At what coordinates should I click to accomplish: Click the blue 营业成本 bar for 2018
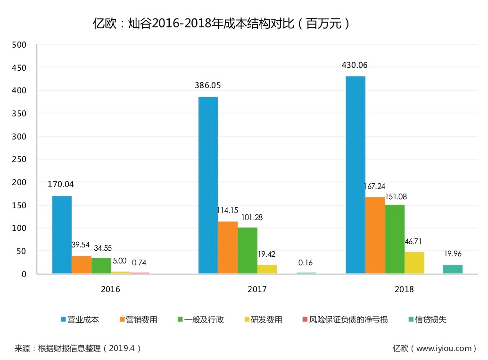pos(356,174)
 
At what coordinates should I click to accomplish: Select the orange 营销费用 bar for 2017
pos(228,247)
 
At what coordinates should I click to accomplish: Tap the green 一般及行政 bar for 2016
pos(101,265)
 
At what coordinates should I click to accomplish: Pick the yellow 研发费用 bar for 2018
pos(414,262)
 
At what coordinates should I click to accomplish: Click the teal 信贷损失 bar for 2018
pos(453,269)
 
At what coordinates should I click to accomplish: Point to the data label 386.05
pos(208,85)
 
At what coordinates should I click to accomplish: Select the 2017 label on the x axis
pos(257,289)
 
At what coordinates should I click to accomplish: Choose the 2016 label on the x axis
pos(110,289)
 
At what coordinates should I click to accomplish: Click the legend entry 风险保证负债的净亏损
pos(348,320)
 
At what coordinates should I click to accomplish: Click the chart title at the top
pos(222,24)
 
